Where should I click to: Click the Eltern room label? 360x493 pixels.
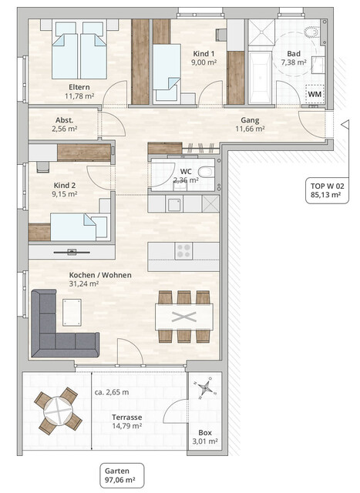pyautogui.click(x=80, y=87)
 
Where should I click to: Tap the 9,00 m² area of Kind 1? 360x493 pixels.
pyautogui.click(x=206, y=64)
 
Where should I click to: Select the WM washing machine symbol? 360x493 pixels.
pyautogui.click(x=315, y=93)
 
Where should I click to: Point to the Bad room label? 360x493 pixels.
pyautogui.click(x=294, y=52)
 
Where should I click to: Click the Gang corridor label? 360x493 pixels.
pyautogui.click(x=248, y=120)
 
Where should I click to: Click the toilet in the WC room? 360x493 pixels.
pyautogui.click(x=204, y=173)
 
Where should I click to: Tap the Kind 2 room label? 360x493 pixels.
pyautogui.click(x=66, y=185)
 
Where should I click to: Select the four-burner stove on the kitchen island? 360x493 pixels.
pyautogui.click(x=184, y=250)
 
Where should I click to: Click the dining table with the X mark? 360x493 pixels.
pyautogui.click(x=183, y=317)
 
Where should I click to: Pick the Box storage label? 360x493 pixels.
pyautogui.click(x=204, y=433)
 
